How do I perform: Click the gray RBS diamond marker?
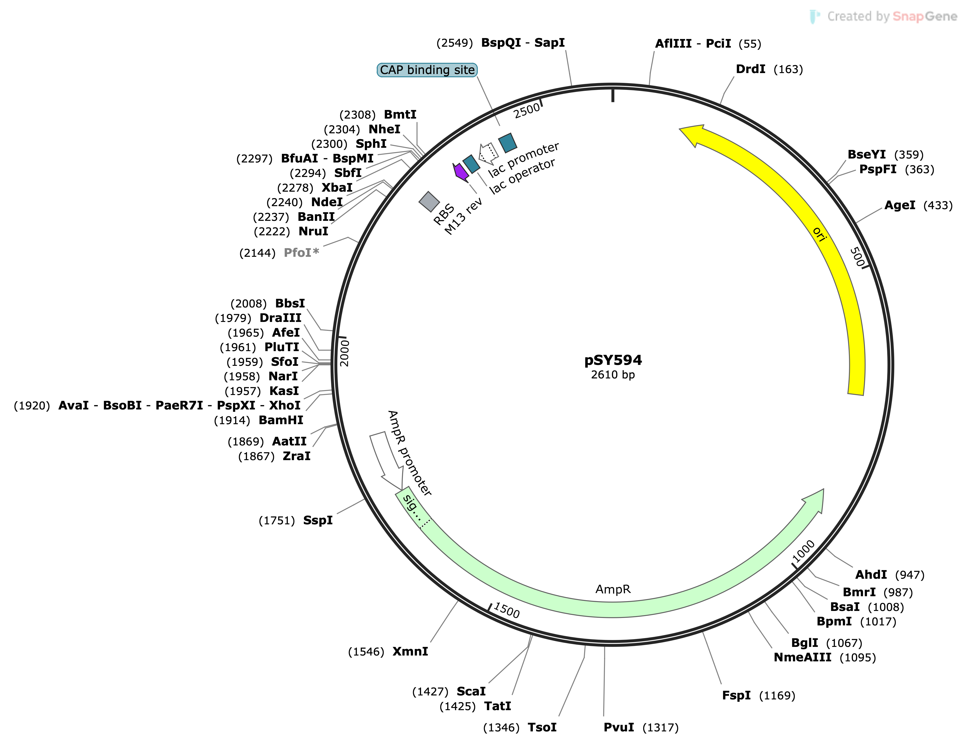point(429,201)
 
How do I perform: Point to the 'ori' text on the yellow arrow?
point(820,234)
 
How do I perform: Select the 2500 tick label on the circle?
point(526,110)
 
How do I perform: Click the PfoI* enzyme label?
point(301,253)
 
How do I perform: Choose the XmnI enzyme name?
point(410,652)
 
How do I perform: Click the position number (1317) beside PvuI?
point(660,728)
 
